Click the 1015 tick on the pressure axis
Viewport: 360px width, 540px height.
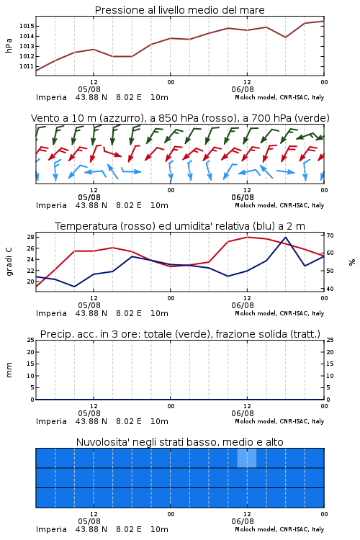point(26,26)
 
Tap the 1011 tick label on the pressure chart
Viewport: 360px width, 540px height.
point(26,66)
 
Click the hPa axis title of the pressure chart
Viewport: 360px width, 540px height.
point(9,45)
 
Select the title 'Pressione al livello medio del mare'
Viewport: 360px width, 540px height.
point(180,10)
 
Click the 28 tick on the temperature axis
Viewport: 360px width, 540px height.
point(30,238)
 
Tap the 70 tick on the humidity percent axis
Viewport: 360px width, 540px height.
point(330,236)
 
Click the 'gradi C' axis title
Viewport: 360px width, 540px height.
point(9,262)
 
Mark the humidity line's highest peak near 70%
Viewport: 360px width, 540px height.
point(285,238)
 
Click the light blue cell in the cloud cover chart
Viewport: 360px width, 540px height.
point(247,458)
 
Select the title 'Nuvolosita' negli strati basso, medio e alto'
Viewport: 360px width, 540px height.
point(180,442)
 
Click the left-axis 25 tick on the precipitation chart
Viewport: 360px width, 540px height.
point(31,341)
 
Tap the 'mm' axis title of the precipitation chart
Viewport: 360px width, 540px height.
point(9,370)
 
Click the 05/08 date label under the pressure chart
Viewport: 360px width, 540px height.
point(89,89)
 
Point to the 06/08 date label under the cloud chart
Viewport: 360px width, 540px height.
point(243,521)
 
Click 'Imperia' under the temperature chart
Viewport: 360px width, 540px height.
point(51,313)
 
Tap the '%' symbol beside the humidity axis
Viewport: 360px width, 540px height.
point(352,262)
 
